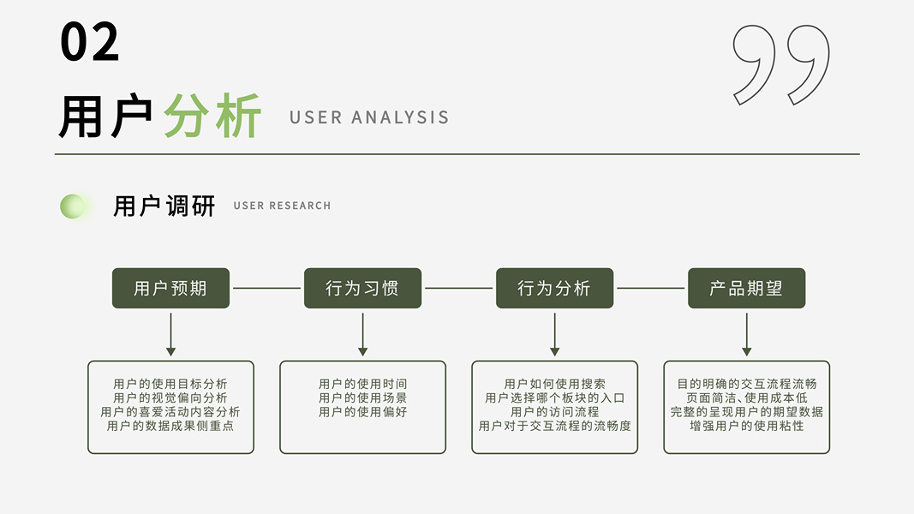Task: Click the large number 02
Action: pyautogui.click(x=89, y=42)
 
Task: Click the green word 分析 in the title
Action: pyautogui.click(x=212, y=117)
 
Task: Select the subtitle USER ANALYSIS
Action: pyautogui.click(x=369, y=117)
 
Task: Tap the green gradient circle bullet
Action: pyautogui.click(x=74, y=206)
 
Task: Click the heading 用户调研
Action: pyautogui.click(x=164, y=206)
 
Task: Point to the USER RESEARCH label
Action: pyautogui.click(x=282, y=206)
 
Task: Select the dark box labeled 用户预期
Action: pyautogui.click(x=170, y=288)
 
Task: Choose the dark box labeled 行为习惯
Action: pyautogui.click(x=362, y=288)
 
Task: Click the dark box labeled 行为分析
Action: pyautogui.click(x=554, y=288)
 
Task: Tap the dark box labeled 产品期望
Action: pyautogui.click(x=746, y=288)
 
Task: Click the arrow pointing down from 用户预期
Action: pyautogui.click(x=170, y=334)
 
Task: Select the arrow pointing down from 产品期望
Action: pyautogui.click(x=746, y=334)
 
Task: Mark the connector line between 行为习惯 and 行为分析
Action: pyautogui.click(x=458, y=288)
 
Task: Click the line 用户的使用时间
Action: pyautogui.click(x=362, y=384)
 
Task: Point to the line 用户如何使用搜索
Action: pyautogui.click(x=554, y=384)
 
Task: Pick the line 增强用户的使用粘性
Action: pyautogui.click(x=746, y=425)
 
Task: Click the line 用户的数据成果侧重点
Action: pyautogui.click(x=170, y=425)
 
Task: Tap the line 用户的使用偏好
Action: pyautogui.click(x=362, y=411)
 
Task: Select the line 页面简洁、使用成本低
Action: pyautogui.click(x=746, y=397)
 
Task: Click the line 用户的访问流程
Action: pyautogui.click(x=554, y=411)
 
